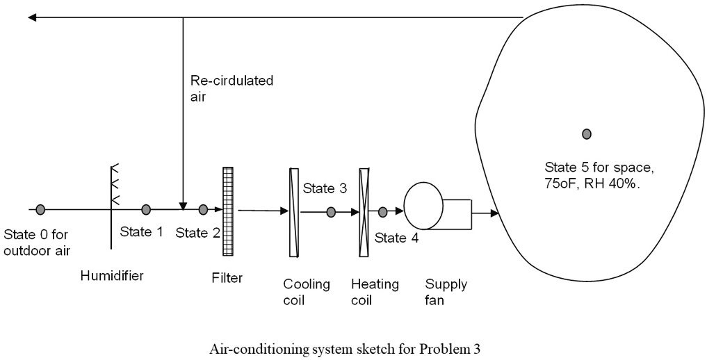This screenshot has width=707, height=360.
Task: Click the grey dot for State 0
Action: click(41, 209)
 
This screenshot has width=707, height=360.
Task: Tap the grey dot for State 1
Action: click(146, 209)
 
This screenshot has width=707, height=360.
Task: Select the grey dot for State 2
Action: click(203, 209)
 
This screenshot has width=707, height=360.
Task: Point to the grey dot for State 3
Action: click(331, 211)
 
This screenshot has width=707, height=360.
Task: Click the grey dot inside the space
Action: click(587, 133)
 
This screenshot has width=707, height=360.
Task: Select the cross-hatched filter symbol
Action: click(228, 211)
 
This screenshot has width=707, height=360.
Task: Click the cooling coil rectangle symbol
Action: click(293, 212)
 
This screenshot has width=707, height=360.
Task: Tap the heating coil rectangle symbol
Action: click(362, 212)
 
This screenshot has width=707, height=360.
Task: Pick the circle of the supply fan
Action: click(424, 205)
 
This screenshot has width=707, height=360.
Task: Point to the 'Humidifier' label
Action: click(112, 276)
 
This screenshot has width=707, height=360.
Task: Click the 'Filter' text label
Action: click(227, 278)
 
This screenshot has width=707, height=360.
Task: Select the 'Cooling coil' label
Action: click(307, 292)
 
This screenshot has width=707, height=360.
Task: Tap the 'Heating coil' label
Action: click(375, 292)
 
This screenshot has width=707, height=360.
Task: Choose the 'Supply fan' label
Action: click(446, 292)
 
